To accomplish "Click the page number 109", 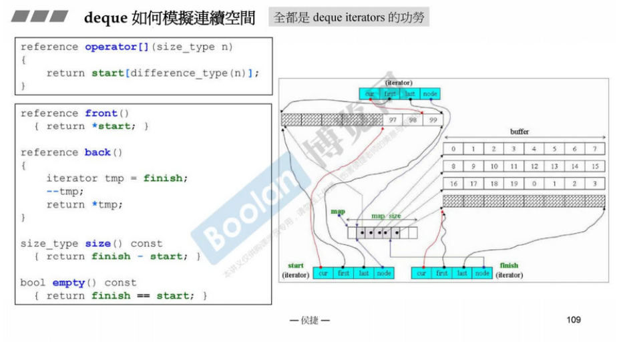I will (x=573, y=320).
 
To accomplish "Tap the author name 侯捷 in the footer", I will (x=310, y=321).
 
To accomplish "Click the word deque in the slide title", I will (x=105, y=18).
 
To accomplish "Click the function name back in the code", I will (x=97, y=152).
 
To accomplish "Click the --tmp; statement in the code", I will (x=65, y=192).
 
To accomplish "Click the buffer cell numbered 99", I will (x=433, y=120).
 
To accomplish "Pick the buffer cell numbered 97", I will (x=393, y=120).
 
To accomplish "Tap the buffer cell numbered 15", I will (x=594, y=166).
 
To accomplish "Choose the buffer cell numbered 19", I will (x=514, y=183).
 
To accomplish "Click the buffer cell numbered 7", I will (x=594, y=149).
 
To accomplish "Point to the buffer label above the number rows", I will (x=519, y=132).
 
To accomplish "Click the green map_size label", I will (x=386, y=216).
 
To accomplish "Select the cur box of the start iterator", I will (x=323, y=273).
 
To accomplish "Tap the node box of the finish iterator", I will (x=482, y=273).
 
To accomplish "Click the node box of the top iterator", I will (x=430, y=94).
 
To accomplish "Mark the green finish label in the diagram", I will (x=509, y=266).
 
